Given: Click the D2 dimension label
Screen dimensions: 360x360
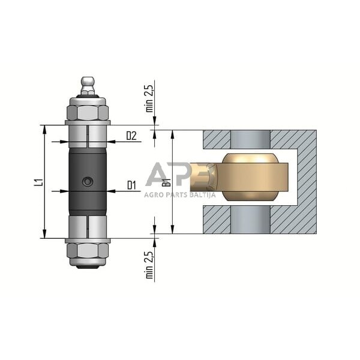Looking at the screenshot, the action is tap(131, 136).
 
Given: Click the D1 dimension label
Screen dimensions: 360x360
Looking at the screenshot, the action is tap(131, 185).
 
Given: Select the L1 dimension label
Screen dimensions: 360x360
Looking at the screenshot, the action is tap(38, 182).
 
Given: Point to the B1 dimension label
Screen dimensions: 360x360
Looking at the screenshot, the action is tap(168, 182).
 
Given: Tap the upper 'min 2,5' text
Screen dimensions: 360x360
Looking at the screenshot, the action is tap(149, 98).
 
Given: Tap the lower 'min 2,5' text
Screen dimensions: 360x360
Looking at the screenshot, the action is tap(149, 265).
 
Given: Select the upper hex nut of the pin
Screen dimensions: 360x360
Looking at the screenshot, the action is tap(88, 113).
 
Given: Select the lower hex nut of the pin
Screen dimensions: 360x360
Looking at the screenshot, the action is tap(88, 250).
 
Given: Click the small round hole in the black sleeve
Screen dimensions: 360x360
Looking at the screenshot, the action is tap(88, 182).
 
